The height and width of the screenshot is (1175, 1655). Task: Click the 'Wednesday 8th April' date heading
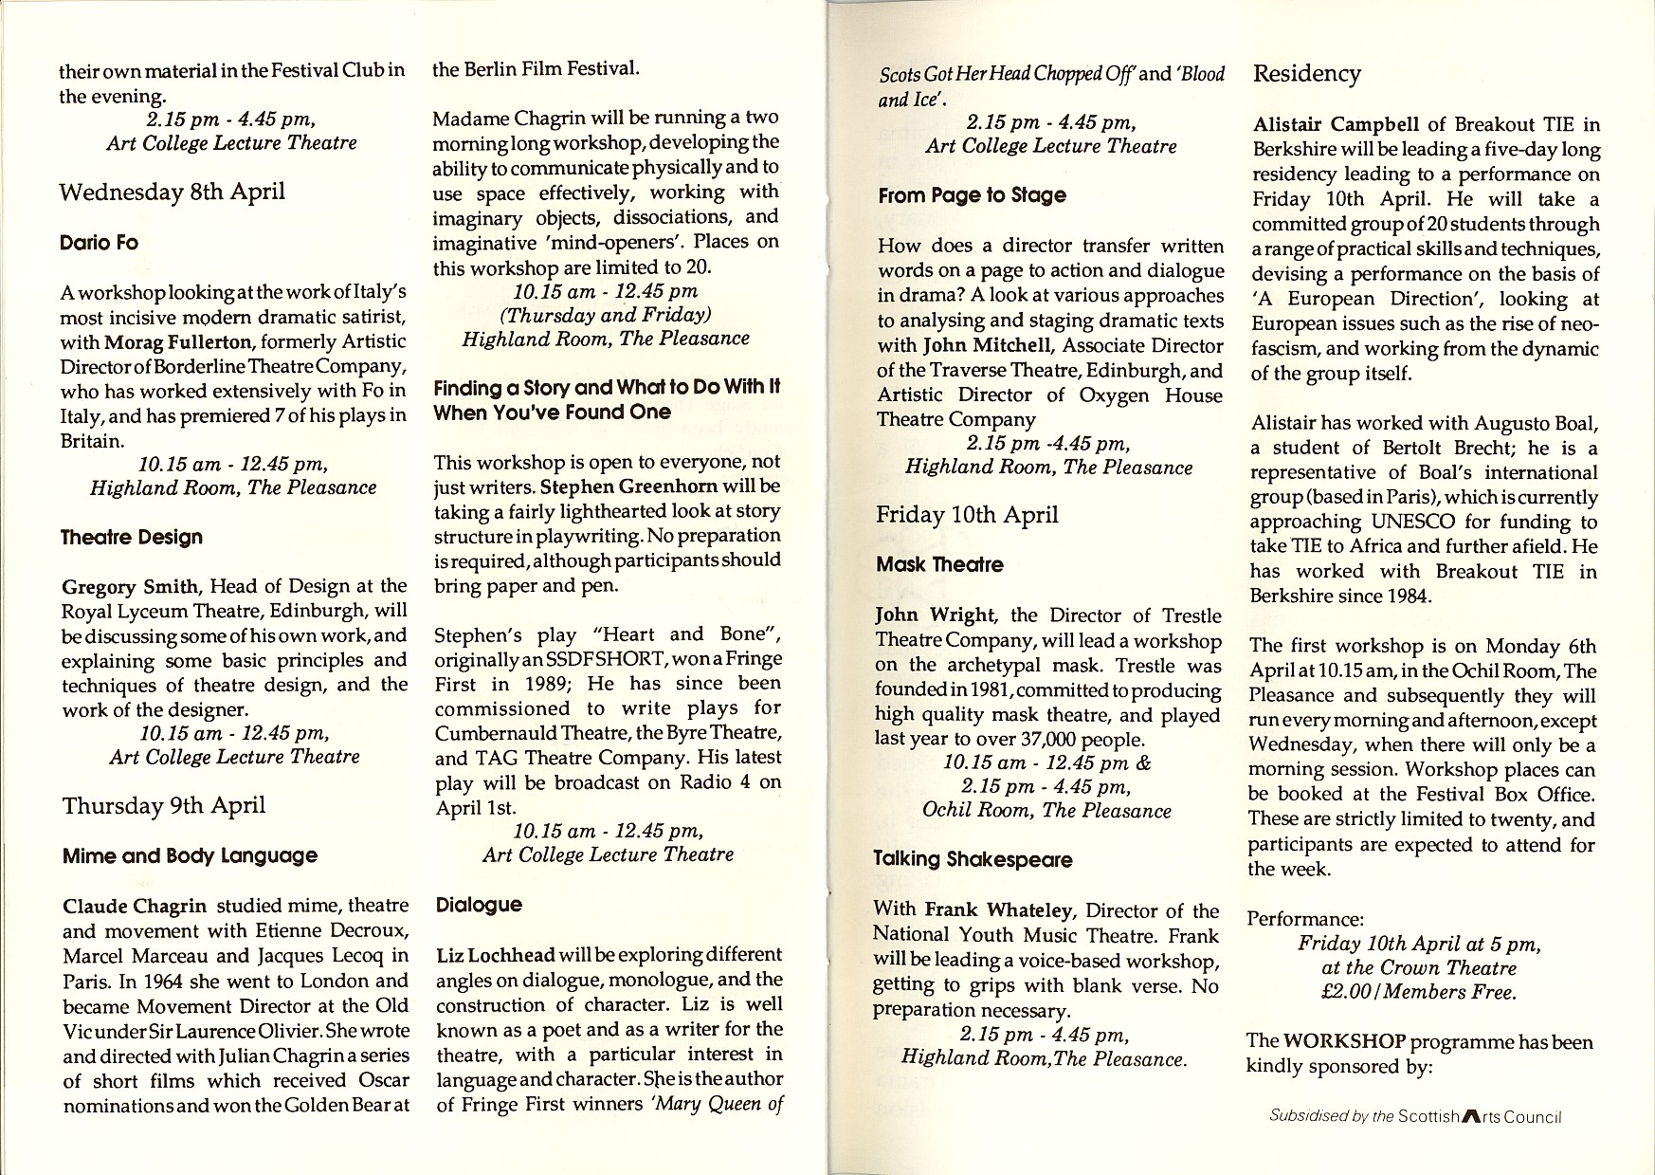click(172, 193)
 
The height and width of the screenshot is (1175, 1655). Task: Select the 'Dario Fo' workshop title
click(99, 243)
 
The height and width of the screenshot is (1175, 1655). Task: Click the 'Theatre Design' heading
click(132, 538)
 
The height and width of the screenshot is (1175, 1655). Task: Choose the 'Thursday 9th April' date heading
click(164, 806)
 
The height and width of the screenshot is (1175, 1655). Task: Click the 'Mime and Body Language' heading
click(190, 856)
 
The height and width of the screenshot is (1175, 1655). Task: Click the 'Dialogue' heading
click(479, 905)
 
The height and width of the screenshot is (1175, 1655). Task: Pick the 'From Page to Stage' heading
click(972, 195)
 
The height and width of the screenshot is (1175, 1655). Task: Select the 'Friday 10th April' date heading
click(967, 515)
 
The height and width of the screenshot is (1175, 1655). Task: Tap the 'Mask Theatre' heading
click(939, 565)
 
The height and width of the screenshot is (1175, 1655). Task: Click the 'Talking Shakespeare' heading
click(973, 860)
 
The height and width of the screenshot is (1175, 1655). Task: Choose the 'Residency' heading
click(1306, 74)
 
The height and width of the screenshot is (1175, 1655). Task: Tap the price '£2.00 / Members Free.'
click(1418, 993)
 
